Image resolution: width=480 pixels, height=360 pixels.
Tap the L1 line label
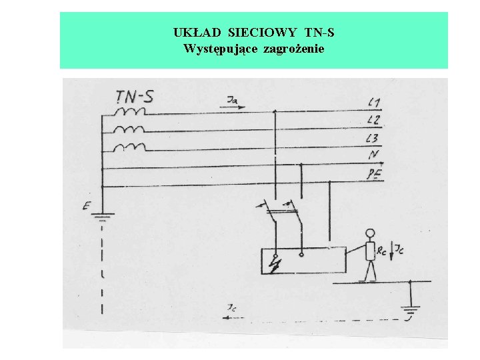374,103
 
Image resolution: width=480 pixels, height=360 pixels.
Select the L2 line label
374,120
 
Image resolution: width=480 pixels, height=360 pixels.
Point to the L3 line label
374,138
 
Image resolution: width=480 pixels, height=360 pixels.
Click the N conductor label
373,155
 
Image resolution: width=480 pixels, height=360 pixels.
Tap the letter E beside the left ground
86,207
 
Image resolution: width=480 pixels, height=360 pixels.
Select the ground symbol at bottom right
411,311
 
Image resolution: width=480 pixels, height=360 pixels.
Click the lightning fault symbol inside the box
274,265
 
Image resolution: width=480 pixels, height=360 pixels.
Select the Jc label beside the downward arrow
399,250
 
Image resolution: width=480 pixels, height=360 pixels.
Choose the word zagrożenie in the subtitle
294,49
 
